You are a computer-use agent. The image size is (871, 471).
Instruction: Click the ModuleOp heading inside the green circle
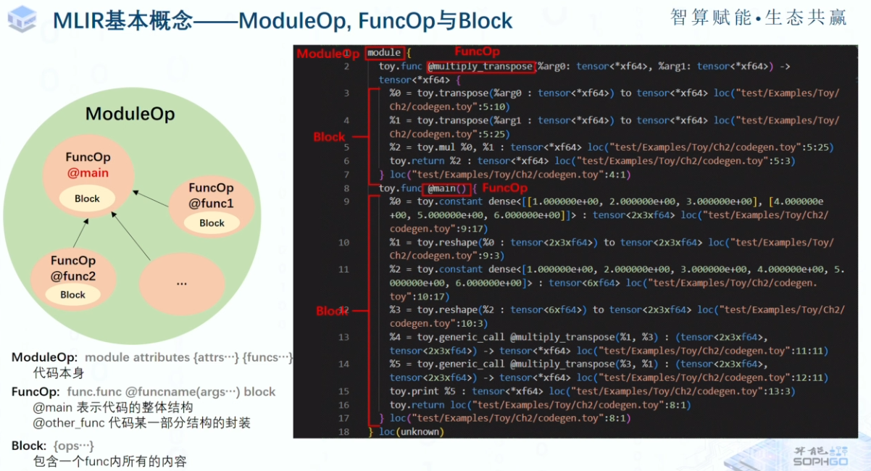[x=130, y=114]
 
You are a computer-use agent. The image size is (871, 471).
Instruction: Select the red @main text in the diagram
[x=88, y=173]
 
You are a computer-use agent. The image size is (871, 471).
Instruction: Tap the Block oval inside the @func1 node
[x=212, y=223]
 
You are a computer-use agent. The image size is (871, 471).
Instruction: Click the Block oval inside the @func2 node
[x=72, y=295]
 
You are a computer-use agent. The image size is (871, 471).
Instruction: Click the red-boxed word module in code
[x=384, y=53]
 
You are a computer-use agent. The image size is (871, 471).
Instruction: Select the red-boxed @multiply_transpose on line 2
[x=480, y=67]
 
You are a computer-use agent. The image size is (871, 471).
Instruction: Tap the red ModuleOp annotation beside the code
[x=327, y=54]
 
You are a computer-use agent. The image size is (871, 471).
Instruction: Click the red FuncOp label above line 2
[x=476, y=51]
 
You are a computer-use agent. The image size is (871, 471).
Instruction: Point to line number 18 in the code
[x=343, y=432]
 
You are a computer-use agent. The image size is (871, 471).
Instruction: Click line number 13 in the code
[x=343, y=337]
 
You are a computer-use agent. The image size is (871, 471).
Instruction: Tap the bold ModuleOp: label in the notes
[x=44, y=357]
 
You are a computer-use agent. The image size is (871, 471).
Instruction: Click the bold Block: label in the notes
[x=30, y=445]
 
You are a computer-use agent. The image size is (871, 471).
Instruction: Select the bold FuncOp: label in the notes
[x=36, y=392]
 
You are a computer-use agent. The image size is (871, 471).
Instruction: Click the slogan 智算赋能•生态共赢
[x=758, y=18]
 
